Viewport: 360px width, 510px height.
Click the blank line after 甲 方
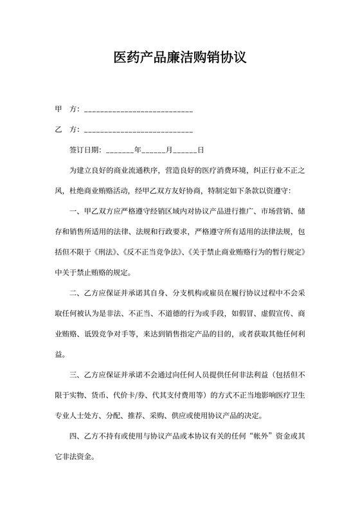(138, 111)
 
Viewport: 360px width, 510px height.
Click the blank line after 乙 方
(138, 131)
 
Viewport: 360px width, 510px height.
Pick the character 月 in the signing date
(169, 150)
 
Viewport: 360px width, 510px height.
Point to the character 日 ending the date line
(201, 150)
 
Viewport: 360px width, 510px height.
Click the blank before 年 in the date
(119, 151)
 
